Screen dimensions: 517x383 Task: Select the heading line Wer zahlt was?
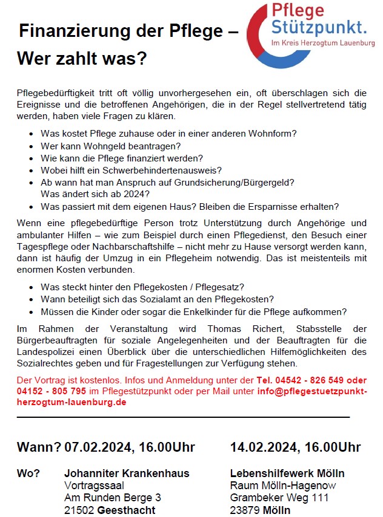(x=82, y=59)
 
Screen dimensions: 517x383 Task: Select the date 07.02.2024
(x=99, y=447)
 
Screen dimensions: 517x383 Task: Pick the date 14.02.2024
(x=264, y=447)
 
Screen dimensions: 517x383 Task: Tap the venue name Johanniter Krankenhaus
(x=127, y=473)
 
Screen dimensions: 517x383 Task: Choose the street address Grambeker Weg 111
(x=279, y=498)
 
